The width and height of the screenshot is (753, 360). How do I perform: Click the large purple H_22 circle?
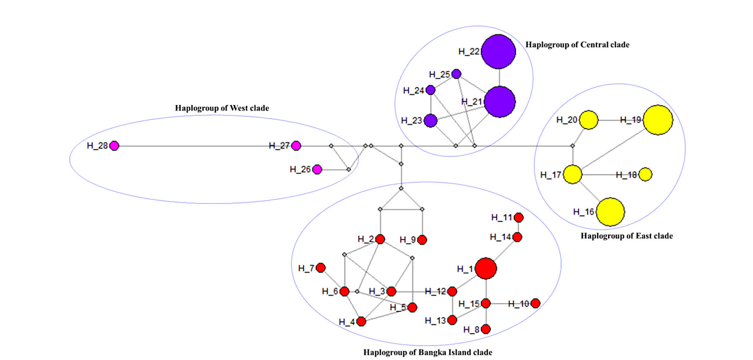(x=498, y=51)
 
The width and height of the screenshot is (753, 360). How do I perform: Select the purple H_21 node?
(x=500, y=102)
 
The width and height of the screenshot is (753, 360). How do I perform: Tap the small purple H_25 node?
(x=456, y=74)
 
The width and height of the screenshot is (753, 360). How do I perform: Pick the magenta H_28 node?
(x=114, y=146)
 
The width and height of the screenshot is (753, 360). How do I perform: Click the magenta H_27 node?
(x=296, y=146)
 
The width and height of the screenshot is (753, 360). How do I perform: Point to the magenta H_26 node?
(x=317, y=170)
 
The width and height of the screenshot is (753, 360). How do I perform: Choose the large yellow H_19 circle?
(x=658, y=120)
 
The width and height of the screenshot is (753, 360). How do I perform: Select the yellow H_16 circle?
(x=610, y=212)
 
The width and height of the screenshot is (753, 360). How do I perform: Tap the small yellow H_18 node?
(x=646, y=174)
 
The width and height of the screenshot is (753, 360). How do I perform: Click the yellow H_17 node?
(x=573, y=174)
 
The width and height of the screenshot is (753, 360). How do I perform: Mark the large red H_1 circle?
(x=486, y=268)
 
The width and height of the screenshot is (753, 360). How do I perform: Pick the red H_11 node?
(x=519, y=218)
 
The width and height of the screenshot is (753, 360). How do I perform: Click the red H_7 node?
(x=321, y=268)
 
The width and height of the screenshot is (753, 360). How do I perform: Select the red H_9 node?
(x=422, y=240)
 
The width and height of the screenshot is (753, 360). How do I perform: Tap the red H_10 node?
(x=535, y=303)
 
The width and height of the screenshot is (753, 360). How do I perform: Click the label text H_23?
(x=412, y=121)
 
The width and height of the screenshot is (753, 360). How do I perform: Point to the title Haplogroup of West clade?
(x=222, y=108)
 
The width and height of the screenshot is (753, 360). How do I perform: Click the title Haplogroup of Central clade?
(x=577, y=45)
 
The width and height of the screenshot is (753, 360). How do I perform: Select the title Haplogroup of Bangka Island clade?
(x=428, y=352)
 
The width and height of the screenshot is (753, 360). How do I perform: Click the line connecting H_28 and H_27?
(x=205, y=146)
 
